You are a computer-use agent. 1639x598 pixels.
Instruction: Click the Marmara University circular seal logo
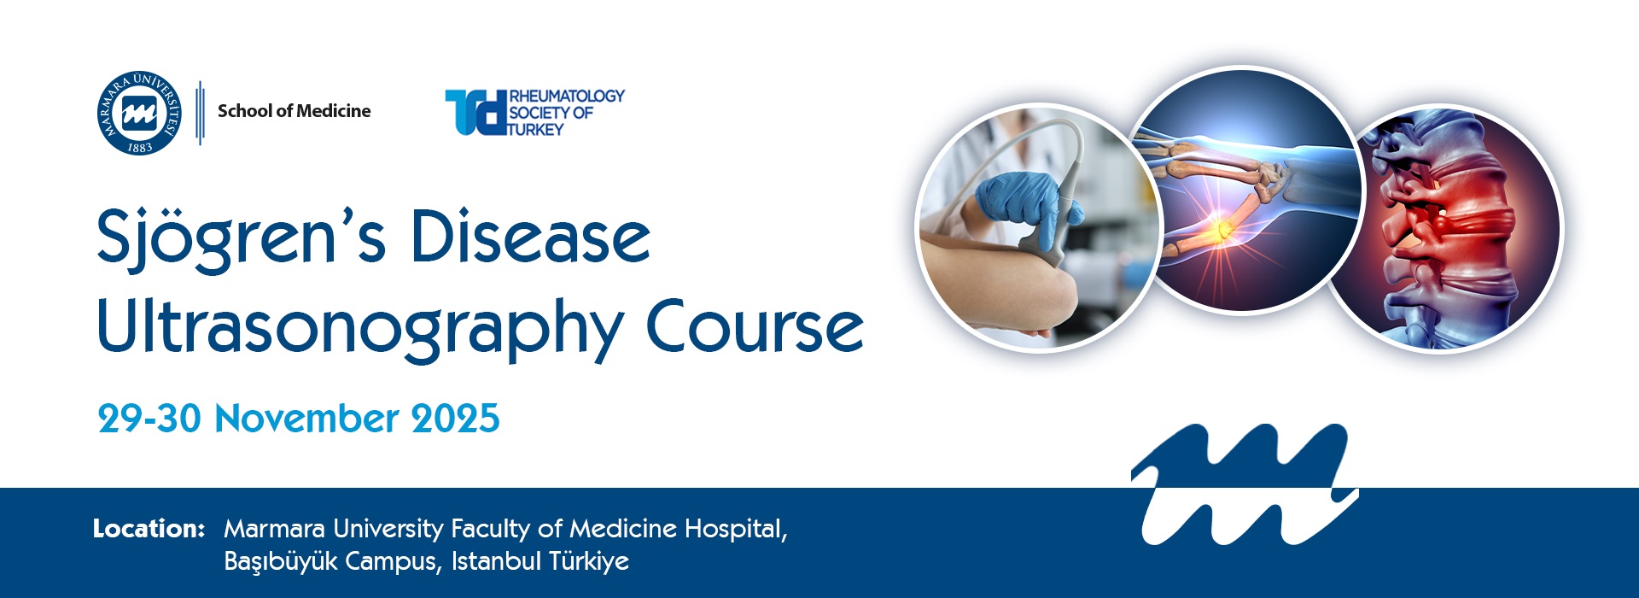click(139, 113)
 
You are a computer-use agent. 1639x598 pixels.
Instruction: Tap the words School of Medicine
click(294, 111)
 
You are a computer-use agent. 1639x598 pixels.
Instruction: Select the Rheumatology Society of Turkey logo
click(534, 112)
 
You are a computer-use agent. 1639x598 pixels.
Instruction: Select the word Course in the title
click(755, 326)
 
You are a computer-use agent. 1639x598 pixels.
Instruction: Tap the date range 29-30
click(149, 419)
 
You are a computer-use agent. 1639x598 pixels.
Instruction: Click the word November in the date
click(306, 419)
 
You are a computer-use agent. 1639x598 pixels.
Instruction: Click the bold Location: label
click(149, 529)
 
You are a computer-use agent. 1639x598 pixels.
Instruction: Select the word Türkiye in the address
click(589, 561)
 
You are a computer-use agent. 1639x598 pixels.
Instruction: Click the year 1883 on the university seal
click(140, 148)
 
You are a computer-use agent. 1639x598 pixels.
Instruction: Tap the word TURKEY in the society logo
click(536, 130)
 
